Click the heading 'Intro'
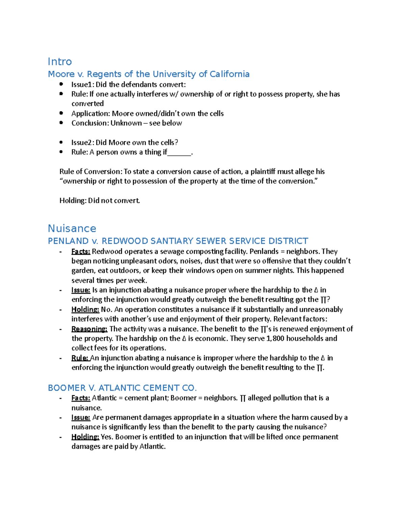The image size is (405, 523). (x=60, y=62)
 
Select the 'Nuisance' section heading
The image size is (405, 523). (x=72, y=228)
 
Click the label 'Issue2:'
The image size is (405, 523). (x=83, y=142)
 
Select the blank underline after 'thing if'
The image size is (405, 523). (x=179, y=153)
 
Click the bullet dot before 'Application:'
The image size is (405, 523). (x=61, y=113)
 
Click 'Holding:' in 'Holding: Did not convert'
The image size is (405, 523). (x=73, y=201)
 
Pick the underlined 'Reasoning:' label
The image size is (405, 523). (x=89, y=329)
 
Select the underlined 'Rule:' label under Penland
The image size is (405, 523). (x=80, y=358)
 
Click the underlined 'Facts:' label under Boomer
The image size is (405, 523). (x=81, y=398)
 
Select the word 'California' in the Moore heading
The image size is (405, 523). (x=230, y=74)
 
